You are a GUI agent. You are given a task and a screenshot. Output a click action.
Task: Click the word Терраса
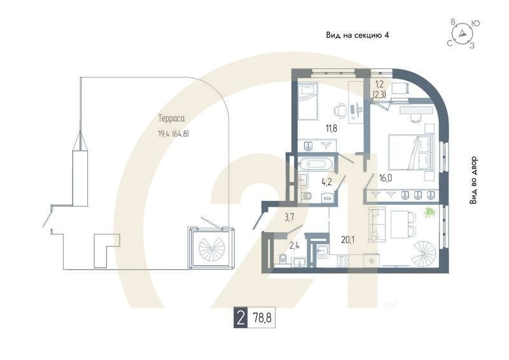[171, 118]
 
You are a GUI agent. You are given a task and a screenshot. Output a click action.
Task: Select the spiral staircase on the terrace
[210, 248]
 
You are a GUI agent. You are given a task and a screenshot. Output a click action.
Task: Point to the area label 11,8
[331, 128]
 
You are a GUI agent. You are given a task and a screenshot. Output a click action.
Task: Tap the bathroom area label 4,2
[327, 181]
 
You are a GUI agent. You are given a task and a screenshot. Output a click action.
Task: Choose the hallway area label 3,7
[289, 218]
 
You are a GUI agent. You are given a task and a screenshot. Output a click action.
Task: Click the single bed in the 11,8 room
[307, 102]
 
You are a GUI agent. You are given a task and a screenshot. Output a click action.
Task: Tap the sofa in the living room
[374, 225]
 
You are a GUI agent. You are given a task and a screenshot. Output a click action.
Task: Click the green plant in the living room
[430, 212]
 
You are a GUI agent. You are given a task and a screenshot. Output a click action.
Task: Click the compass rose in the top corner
[464, 34]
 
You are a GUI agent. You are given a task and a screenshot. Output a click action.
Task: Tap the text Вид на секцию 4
[357, 36]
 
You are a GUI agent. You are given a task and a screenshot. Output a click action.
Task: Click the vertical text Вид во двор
[474, 181]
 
